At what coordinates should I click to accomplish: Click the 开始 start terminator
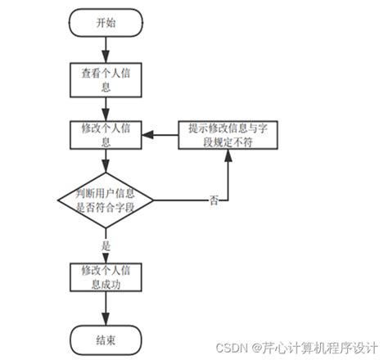[x=105, y=23]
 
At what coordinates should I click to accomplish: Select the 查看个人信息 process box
[x=105, y=78]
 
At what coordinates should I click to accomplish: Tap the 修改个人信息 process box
[x=105, y=136]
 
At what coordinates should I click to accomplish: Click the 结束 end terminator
[x=105, y=337]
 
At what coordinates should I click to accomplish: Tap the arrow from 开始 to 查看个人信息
[x=105, y=48]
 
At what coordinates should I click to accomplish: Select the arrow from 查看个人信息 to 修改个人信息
[x=105, y=106]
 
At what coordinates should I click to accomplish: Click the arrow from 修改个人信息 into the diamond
[x=105, y=161]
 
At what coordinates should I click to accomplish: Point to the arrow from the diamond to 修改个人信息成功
[x=105, y=246]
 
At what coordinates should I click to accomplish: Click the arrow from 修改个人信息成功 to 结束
[x=105, y=307]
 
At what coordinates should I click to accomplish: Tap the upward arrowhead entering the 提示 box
[x=227, y=156]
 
